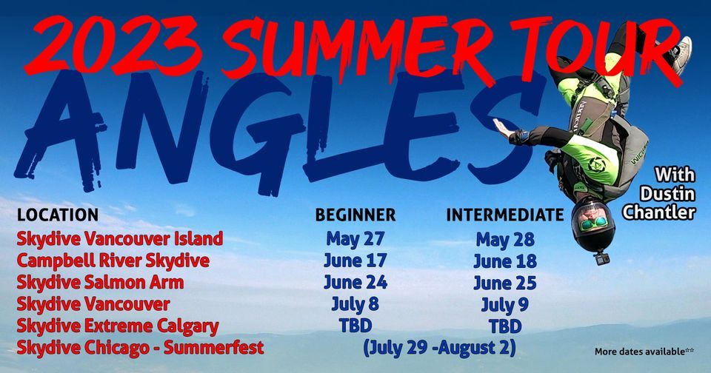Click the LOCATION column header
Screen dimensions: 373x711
pyautogui.click(x=58, y=215)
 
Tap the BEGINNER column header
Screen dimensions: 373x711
pyautogui.click(x=355, y=215)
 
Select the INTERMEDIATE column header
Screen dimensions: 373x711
pyautogui.click(x=504, y=215)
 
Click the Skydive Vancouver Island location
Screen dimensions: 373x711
pyautogui.click(x=119, y=239)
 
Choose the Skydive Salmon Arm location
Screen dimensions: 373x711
pyautogui.click(x=100, y=282)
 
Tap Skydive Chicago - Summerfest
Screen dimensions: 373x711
pyautogui.click(x=140, y=347)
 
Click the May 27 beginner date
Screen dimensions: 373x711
pyautogui.click(x=355, y=239)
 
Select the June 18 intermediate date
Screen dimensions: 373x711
pyautogui.click(x=504, y=261)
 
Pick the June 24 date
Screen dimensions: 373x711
pyautogui.click(x=355, y=283)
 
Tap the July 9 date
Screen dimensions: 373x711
pyautogui.click(x=504, y=304)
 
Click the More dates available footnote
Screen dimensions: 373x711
pyautogui.click(x=644, y=352)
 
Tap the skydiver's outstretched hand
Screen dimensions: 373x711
pyautogui.click(x=505, y=128)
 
